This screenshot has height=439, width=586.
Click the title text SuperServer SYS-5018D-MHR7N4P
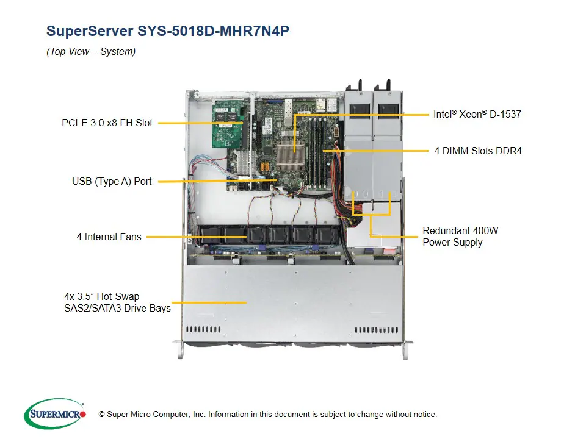pyautogui.click(x=168, y=32)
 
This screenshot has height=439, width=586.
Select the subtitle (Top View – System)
pyautogui.click(x=91, y=52)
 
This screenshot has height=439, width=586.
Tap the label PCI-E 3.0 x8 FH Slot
pyautogui.click(x=107, y=123)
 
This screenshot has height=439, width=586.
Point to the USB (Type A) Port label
pyautogui.click(x=112, y=181)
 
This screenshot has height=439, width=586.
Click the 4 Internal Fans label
pyautogui.click(x=109, y=237)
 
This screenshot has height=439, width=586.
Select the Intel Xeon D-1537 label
pyautogui.click(x=477, y=114)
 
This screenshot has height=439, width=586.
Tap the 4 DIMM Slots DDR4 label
pyautogui.click(x=478, y=150)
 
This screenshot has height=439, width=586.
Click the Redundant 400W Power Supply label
pyautogui.click(x=460, y=237)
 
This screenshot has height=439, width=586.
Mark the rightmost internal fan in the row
pyautogui.click(x=324, y=235)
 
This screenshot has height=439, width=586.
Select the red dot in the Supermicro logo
pyautogui.click(x=84, y=414)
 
